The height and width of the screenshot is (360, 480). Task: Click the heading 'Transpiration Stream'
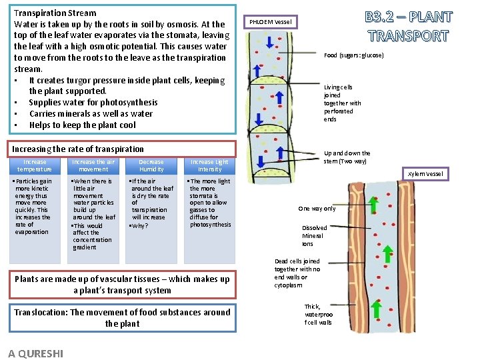55,13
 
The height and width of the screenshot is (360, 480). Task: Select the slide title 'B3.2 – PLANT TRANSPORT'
407,26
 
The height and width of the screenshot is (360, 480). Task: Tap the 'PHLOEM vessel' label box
270,22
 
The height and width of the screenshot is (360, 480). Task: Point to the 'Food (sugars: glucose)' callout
353,55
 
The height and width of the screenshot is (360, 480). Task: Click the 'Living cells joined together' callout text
342,103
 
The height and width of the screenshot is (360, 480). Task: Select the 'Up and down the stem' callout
347,157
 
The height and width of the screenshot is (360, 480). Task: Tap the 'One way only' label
317,209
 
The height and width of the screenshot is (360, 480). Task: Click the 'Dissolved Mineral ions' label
314,236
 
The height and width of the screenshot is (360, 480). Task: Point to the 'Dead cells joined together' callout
297,273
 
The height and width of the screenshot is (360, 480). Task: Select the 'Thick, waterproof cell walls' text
318,315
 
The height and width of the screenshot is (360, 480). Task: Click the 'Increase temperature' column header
35,165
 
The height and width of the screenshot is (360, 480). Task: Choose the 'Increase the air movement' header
93,165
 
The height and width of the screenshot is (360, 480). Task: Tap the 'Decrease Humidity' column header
151,165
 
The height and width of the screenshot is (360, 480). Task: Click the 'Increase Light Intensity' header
209,165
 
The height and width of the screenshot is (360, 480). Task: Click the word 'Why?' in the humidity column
140,225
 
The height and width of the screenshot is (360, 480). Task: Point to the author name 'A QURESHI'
36,353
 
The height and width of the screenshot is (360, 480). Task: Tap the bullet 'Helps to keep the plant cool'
82,125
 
